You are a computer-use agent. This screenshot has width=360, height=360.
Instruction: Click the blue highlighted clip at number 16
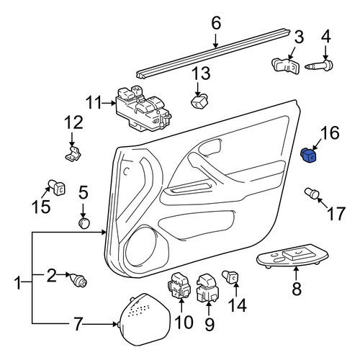click(x=308, y=155)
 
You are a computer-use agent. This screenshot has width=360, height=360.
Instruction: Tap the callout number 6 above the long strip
click(x=216, y=24)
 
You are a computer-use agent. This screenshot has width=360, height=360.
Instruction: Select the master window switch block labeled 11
click(x=143, y=109)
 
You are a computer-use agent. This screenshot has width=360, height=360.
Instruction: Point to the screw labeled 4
click(x=319, y=65)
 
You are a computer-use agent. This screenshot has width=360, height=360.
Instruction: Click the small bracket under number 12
click(x=73, y=153)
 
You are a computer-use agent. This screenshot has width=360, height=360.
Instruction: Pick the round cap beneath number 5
click(x=84, y=223)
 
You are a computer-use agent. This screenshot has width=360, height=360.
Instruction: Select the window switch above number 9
click(x=207, y=288)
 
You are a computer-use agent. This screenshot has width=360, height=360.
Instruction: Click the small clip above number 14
click(x=230, y=277)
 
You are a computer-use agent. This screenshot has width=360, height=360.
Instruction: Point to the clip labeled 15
click(x=58, y=188)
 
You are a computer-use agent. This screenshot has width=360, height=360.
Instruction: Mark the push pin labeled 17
click(x=312, y=194)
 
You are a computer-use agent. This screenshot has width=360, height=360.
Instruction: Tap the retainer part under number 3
click(x=286, y=65)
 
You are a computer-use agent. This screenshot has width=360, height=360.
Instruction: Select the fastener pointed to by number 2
click(x=78, y=280)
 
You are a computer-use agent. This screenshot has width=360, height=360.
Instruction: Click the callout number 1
click(x=18, y=283)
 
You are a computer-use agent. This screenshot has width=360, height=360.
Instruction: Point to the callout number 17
click(x=336, y=214)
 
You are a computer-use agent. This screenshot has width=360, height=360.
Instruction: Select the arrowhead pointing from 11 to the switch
click(x=114, y=103)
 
